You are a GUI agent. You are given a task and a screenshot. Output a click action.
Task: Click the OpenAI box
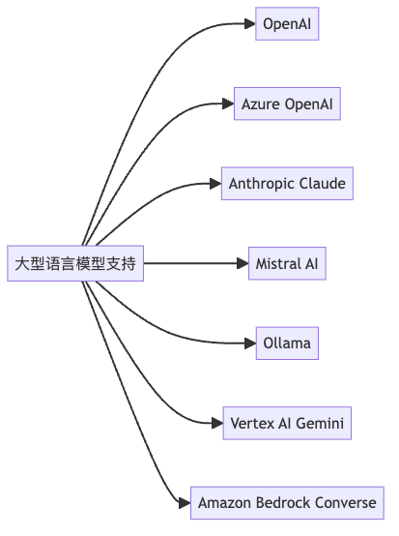click(x=287, y=23)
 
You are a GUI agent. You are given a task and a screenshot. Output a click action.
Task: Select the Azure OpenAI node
click(x=287, y=104)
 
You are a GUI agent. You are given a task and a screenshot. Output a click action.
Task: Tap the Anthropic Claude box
click(x=287, y=184)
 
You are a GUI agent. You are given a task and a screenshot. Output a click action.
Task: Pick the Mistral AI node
click(x=287, y=263)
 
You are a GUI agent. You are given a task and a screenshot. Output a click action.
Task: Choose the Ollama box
click(x=287, y=343)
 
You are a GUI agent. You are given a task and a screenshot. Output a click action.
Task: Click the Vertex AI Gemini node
click(x=287, y=423)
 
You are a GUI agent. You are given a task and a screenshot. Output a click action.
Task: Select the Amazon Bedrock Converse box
click(x=287, y=503)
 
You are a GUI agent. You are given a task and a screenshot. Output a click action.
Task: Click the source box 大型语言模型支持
click(x=75, y=263)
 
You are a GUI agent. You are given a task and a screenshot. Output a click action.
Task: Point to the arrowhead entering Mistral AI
click(x=242, y=263)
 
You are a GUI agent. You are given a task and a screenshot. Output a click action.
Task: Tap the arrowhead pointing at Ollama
click(x=250, y=343)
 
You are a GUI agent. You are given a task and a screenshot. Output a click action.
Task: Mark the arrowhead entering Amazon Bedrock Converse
click(x=185, y=503)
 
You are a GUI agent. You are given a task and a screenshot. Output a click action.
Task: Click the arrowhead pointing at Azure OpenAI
click(x=228, y=104)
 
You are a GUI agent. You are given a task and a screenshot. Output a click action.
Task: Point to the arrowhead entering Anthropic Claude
click(x=215, y=184)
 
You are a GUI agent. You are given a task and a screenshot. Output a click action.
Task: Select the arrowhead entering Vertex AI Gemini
click(x=217, y=423)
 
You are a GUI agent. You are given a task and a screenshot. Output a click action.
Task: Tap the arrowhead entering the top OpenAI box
click(x=249, y=23)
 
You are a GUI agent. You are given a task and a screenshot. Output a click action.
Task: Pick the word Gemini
click(x=320, y=423)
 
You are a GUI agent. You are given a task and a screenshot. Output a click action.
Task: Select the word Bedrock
click(x=283, y=503)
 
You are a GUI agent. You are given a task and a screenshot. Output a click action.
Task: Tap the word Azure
click(x=261, y=104)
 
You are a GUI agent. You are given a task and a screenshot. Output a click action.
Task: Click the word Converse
click(x=346, y=503)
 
